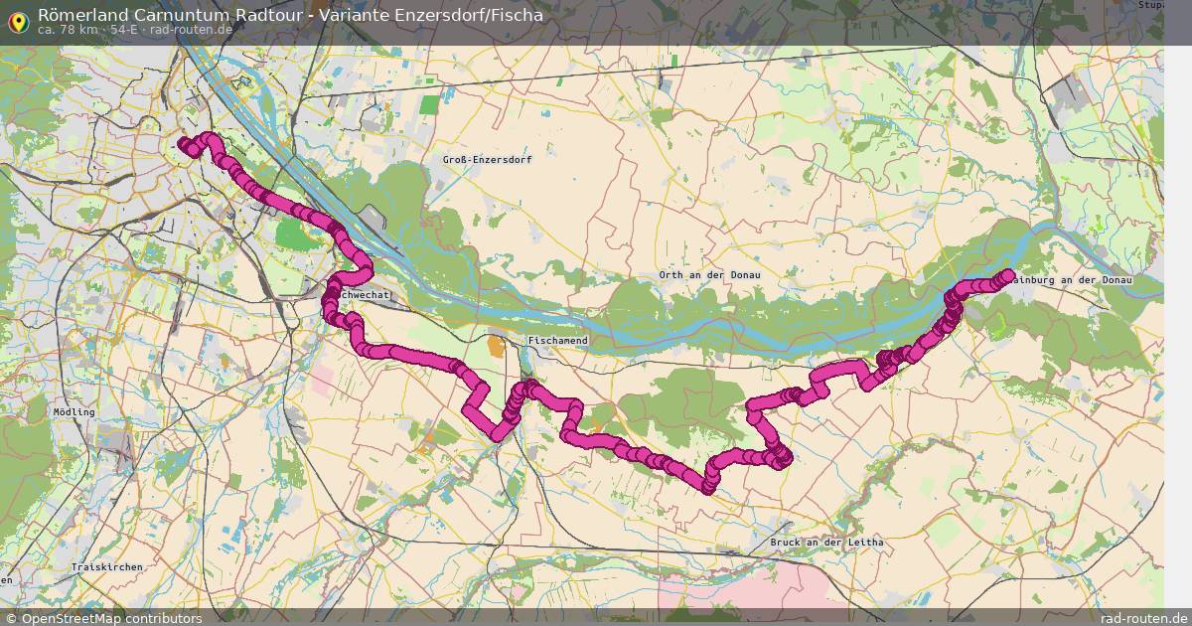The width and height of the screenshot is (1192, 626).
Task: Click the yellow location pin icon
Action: click(18, 20)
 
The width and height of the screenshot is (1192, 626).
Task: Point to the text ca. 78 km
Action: click(67, 30)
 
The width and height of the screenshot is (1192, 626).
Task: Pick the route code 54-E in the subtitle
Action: click(124, 30)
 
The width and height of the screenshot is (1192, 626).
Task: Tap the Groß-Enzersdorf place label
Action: click(487, 159)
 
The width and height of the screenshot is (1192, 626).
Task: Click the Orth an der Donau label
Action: click(709, 274)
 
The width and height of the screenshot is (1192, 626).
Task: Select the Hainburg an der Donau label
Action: click(1074, 281)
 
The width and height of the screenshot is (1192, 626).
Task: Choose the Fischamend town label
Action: click(558, 341)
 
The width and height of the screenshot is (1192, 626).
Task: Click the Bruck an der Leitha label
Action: click(826, 543)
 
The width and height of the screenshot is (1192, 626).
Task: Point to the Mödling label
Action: click(74, 411)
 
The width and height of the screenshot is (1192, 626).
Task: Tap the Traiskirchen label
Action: click(107, 566)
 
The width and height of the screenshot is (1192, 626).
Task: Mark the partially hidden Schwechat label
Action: click(366, 296)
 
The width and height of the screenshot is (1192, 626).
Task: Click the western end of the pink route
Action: click(183, 146)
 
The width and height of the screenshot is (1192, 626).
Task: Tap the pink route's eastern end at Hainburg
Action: click(1007, 275)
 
